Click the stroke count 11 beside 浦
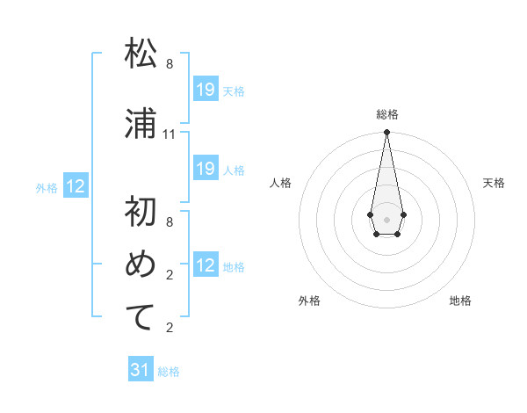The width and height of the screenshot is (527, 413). click(x=170, y=134)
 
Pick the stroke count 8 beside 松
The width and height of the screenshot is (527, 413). click(x=170, y=64)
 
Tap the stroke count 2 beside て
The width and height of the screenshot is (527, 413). click(x=170, y=328)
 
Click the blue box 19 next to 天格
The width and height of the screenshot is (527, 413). click(x=206, y=90)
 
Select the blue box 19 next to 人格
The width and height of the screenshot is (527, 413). click(x=206, y=169)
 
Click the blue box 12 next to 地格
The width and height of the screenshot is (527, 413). click(x=206, y=266)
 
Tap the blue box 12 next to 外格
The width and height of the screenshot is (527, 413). click(x=76, y=186)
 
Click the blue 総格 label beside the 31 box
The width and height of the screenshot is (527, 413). click(x=169, y=372)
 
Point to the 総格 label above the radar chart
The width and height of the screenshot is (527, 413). click(x=386, y=114)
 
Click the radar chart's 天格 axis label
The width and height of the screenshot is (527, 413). click(x=494, y=183)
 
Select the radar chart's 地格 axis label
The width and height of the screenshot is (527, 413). click(x=460, y=301)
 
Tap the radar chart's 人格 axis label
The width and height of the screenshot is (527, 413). click(x=280, y=183)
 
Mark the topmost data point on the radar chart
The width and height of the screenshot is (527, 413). click(x=386, y=133)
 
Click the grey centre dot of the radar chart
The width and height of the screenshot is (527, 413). click(x=386, y=218)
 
